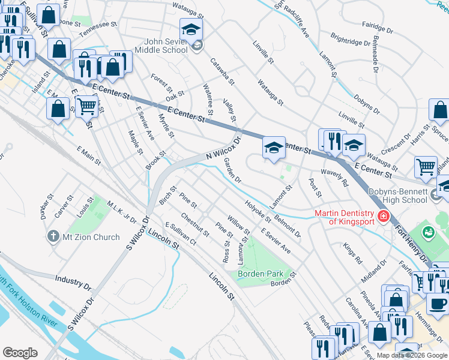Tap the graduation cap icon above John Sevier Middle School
click(x=191, y=29)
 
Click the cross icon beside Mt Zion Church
click(x=53, y=237)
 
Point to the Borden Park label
click(x=261, y=274)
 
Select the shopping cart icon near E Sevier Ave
click(x=87, y=106)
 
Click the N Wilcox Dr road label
click(x=223, y=148)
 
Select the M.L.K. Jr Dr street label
click(x=122, y=212)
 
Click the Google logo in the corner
click(x=20, y=353)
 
